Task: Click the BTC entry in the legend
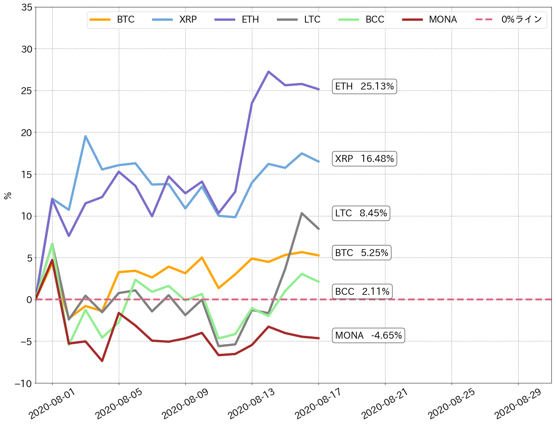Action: click(112, 20)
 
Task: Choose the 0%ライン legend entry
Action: click(508, 20)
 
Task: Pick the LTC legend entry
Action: click(299, 20)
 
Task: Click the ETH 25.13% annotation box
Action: click(365, 86)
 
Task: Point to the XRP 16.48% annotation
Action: click(365, 159)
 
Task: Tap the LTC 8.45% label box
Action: click(361, 213)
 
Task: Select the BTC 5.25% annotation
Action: click(361, 253)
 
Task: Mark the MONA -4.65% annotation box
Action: click(368, 335)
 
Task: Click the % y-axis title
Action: click(8, 196)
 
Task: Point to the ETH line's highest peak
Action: click(269, 72)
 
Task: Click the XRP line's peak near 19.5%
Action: click(86, 136)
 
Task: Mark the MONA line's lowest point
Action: click(102, 361)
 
